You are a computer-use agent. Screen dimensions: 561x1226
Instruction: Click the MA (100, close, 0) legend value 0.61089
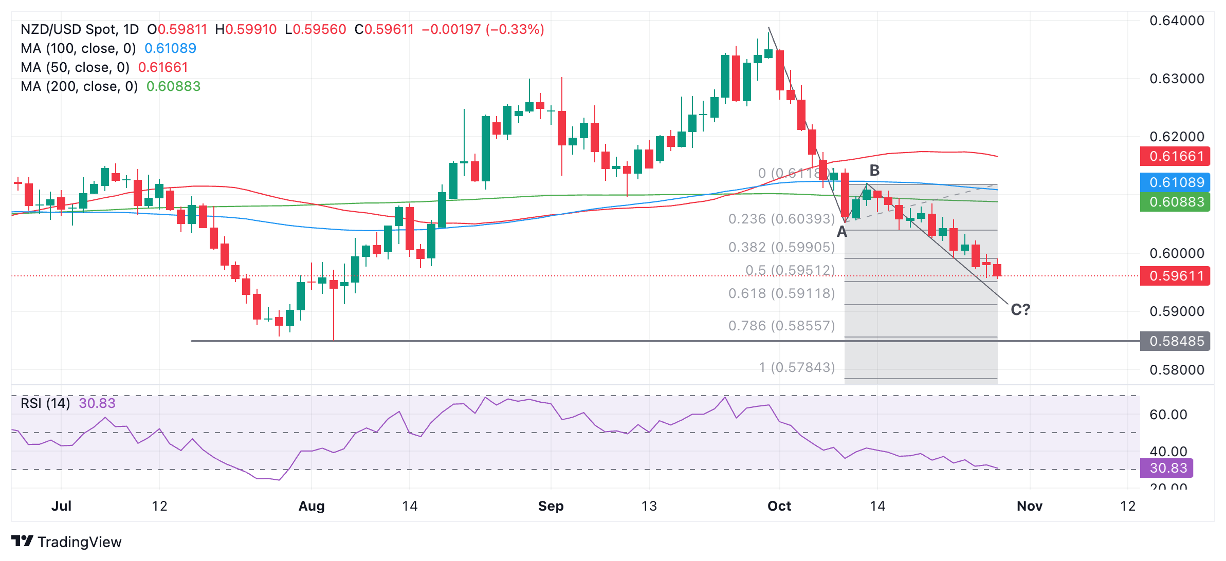(170, 48)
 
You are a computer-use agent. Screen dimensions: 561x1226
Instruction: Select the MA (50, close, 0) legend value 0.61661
(163, 67)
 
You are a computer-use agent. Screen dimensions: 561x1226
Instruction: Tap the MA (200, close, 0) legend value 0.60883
(173, 86)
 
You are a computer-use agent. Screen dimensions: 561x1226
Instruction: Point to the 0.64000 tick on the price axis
(1177, 21)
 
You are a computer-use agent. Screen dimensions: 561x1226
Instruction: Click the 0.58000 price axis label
(1177, 369)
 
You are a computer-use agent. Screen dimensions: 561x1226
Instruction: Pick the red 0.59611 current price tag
(1175, 276)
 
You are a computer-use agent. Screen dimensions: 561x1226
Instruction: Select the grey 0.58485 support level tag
(1175, 341)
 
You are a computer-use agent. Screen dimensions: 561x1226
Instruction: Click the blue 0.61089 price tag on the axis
(1175, 182)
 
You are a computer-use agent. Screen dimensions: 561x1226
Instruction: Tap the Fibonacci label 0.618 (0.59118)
(781, 293)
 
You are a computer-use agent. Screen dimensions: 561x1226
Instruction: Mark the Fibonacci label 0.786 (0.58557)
(781, 326)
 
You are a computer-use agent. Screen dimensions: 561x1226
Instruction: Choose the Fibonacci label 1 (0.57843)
(797, 367)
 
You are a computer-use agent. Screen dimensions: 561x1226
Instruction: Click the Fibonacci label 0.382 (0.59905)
(781, 247)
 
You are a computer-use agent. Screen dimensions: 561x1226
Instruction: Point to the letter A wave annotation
(842, 232)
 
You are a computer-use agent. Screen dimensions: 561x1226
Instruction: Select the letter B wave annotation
(874, 171)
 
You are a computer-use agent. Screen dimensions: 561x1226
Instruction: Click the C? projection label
(1020, 310)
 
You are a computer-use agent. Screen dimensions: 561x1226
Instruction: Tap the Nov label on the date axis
(1030, 506)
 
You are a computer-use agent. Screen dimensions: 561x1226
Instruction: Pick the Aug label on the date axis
(312, 506)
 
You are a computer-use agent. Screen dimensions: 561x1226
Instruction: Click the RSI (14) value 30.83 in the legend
(97, 403)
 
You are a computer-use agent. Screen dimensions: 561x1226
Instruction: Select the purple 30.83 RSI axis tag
(1168, 468)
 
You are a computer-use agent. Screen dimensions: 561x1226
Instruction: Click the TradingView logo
(67, 541)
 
